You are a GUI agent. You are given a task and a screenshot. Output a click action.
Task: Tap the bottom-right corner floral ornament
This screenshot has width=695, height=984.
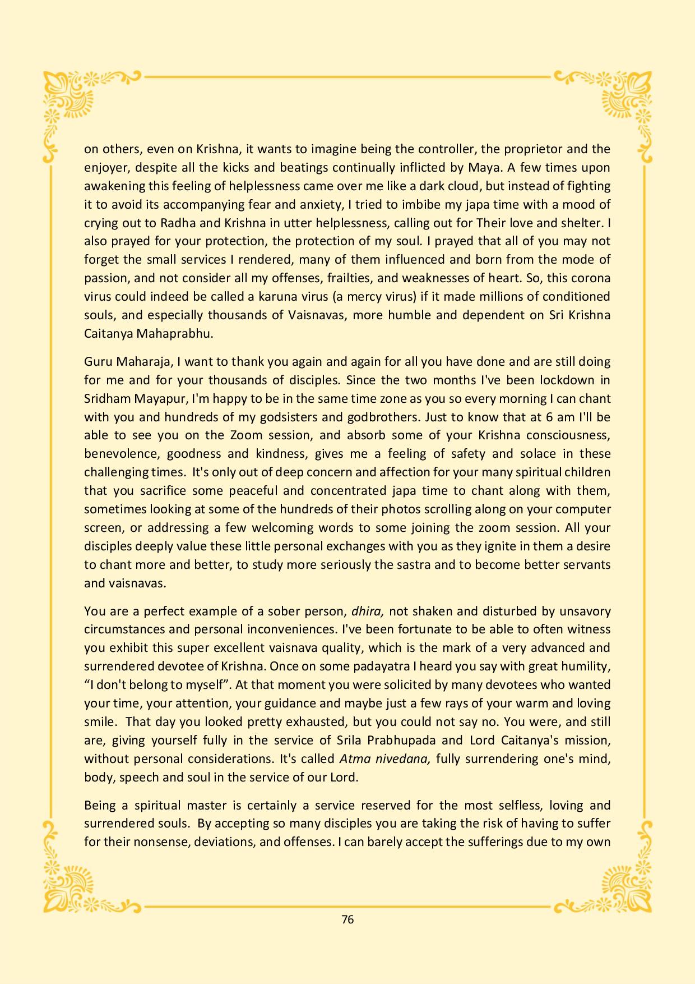(627, 885)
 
